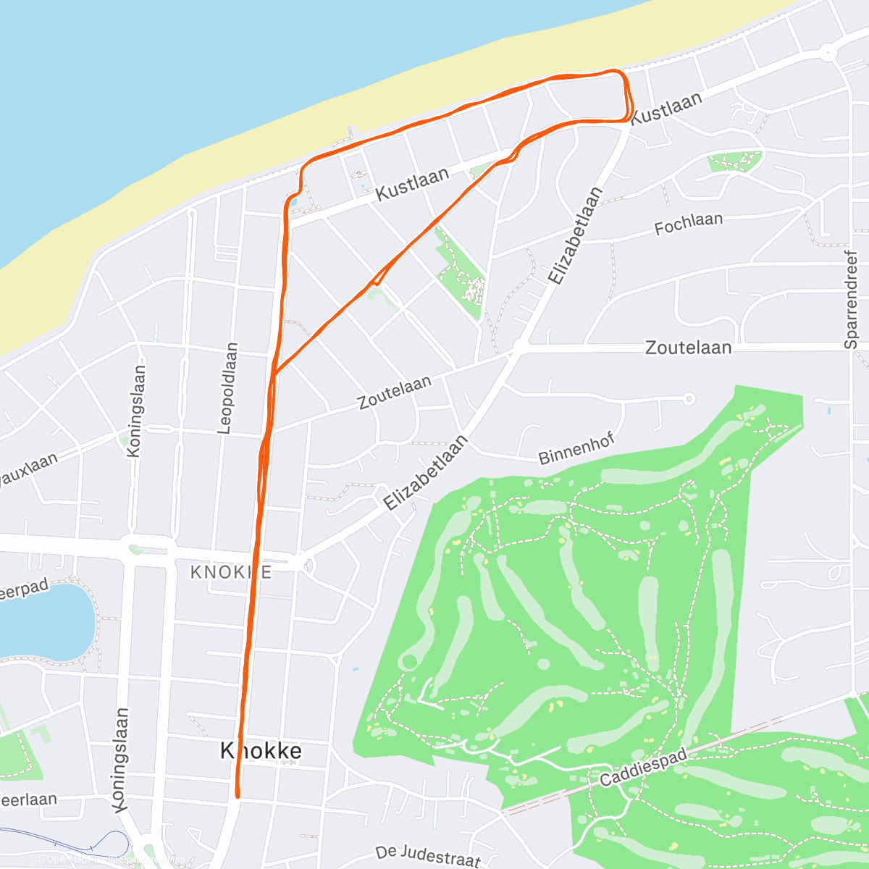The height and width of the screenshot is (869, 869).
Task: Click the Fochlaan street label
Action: [x=688, y=224]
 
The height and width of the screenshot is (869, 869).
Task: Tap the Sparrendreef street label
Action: [x=851, y=300]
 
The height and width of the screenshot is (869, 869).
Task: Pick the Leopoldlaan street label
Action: [x=227, y=388]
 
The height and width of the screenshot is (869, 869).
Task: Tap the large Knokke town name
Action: [x=261, y=751]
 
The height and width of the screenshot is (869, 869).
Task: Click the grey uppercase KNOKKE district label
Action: [x=231, y=572]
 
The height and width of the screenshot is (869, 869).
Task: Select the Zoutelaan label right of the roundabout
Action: [x=688, y=348]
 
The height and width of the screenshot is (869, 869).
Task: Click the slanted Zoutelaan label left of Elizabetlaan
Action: [x=395, y=392]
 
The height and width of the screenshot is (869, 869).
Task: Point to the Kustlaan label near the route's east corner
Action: [x=666, y=108]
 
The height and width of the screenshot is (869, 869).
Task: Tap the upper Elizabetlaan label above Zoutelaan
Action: [x=575, y=236]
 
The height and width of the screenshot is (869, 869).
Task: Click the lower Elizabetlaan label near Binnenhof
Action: [x=426, y=473]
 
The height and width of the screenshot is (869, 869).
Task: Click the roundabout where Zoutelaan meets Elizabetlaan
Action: [x=520, y=348]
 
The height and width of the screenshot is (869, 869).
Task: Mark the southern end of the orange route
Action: [x=237, y=795]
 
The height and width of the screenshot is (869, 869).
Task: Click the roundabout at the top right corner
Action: [x=827, y=52]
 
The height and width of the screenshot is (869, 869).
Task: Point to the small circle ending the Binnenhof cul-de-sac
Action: [x=689, y=398]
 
